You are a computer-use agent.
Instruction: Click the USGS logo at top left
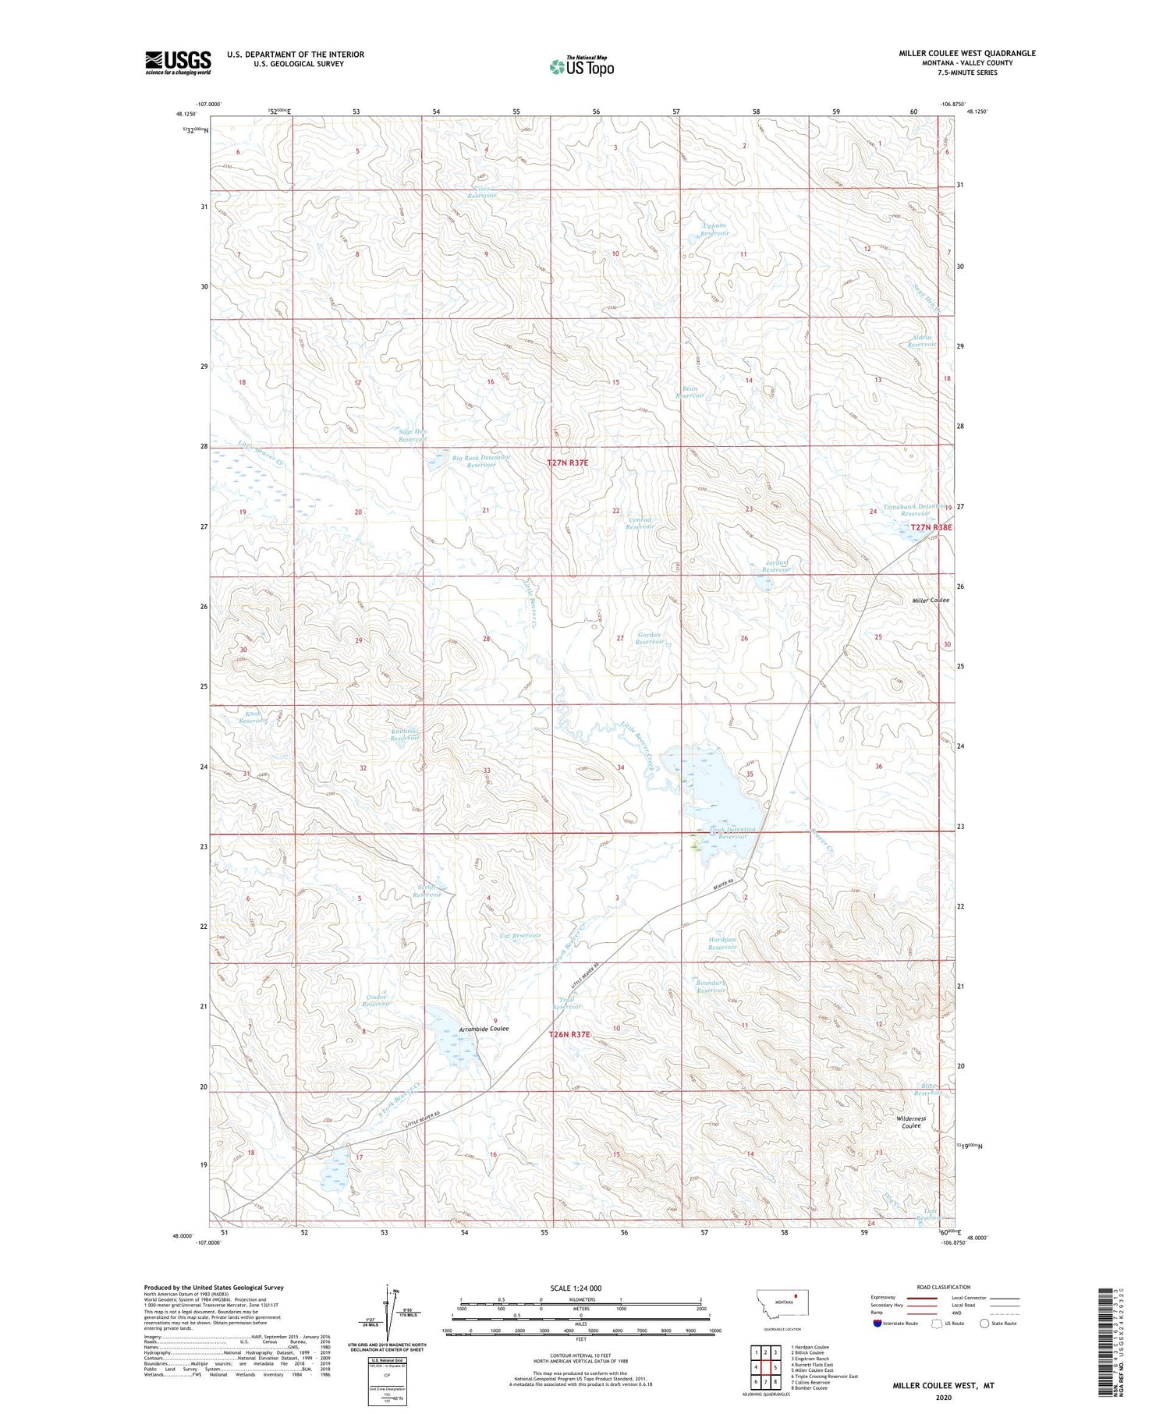click(178, 62)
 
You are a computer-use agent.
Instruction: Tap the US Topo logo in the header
click(582, 67)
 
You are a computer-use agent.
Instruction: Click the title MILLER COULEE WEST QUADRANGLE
click(966, 53)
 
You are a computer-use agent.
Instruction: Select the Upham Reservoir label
click(714, 229)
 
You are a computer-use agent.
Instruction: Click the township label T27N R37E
click(567, 462)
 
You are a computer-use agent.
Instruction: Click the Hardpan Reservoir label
click(722, 943)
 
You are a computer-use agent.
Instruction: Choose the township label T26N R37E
click(569, 1034)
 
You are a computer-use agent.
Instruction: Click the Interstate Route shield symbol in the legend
click(877, 1324)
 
